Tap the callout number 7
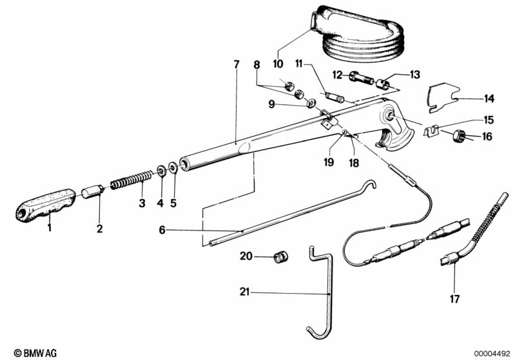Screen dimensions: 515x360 pyautogui.click(x=237, y=64)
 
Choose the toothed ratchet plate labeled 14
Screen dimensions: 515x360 pyautogui.click(x=444, y=97)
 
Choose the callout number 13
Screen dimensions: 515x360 pyautogui.click(x=414, y=75)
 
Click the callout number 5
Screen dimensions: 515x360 pyautogui.click(x=173, y=203)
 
